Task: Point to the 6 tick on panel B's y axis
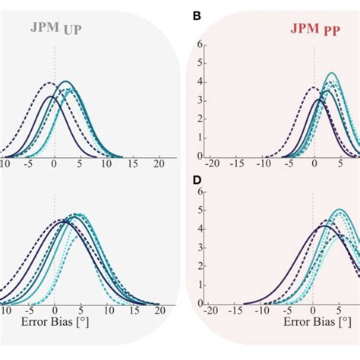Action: [x=199, y=44]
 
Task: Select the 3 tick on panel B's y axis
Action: [x=199, y=100]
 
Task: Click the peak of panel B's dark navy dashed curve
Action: [x=313, y=87]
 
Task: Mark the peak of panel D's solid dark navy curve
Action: [x=324, y=226]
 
